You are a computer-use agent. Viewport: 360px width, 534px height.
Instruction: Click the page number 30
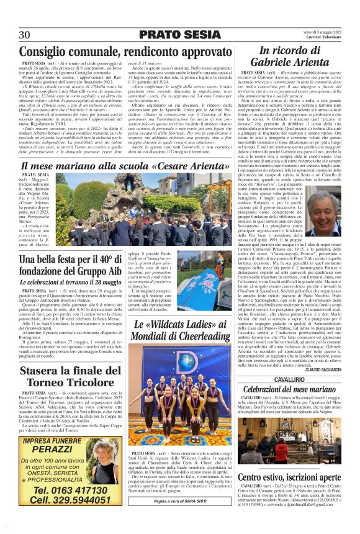pyautogui.click(x=25, y=34)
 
